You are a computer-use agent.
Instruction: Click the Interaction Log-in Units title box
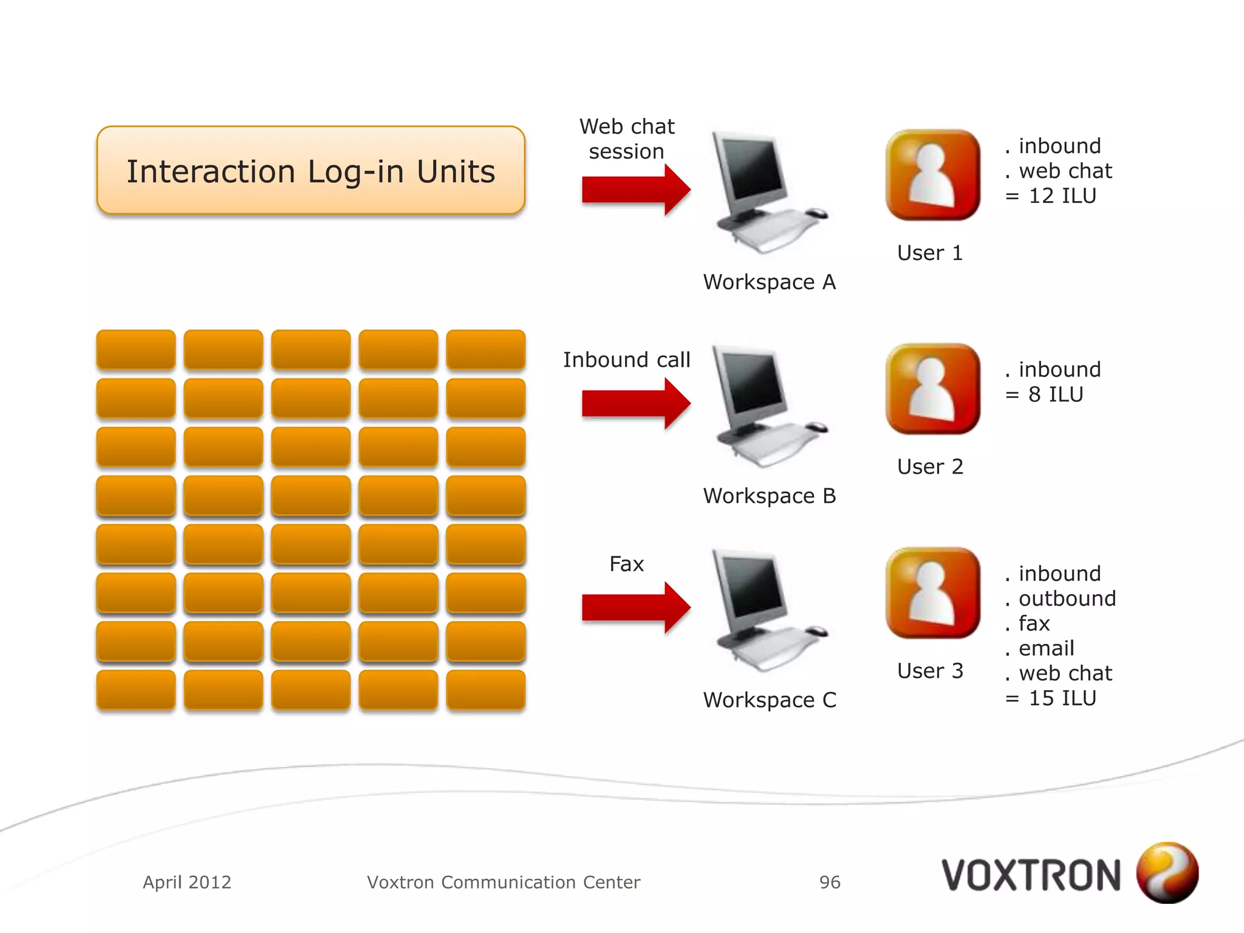(x=310, y=171)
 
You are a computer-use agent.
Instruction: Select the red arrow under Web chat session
(x=635, y=190)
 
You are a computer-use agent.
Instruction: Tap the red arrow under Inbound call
(x=635, y=403)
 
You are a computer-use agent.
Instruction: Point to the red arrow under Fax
(x=635, y=607)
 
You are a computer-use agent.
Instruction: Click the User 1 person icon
(x=932, y=175)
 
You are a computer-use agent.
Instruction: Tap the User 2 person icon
(x=932, y=389)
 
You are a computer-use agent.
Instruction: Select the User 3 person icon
(x=932, y=593)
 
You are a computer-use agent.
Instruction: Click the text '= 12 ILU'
(x=1051, y=196)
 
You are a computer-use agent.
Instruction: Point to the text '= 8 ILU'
(x=1044, y=395)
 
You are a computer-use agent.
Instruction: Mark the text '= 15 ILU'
(x=1051, y=699)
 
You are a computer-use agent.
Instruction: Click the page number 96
(x=830, y=882)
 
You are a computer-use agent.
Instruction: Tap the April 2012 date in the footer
(x=187, y=882)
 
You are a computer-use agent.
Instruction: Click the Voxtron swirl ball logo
(x=1167, y=872)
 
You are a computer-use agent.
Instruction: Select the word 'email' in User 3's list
(x=1046, y=649)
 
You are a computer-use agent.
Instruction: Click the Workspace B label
(x=770, y=496)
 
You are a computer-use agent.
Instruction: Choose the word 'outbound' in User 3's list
(x=1067, y=599)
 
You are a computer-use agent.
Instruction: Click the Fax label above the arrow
(x=626, y=564)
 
